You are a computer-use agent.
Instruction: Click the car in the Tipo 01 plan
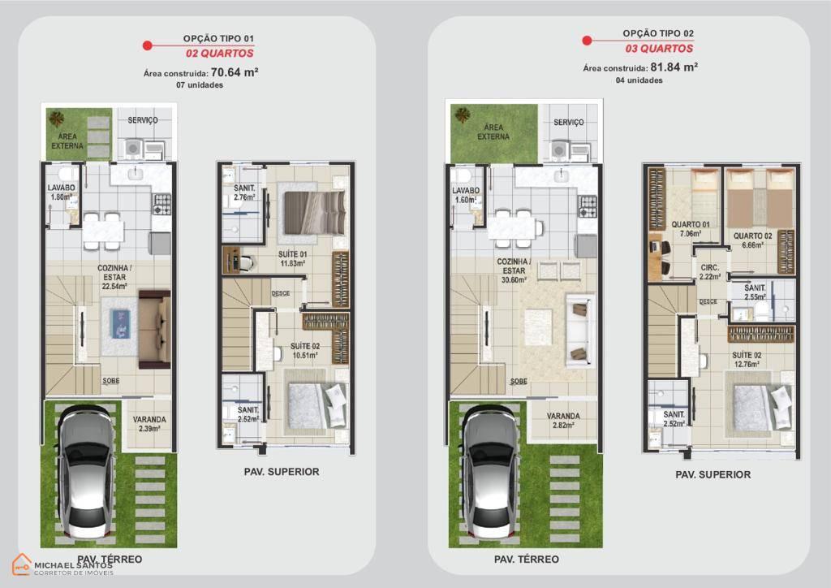(86, 469)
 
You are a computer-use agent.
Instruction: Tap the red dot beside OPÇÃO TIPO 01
(148, 45)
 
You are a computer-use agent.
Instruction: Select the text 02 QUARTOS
(219, 53)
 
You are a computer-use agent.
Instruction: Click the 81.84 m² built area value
(674, 67)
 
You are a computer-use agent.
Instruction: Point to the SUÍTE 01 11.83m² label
(292, 259)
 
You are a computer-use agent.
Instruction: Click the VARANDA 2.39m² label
(149, 424)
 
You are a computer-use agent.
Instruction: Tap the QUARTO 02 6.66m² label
(752, 240)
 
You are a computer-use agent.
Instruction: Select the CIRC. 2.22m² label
(709, 272)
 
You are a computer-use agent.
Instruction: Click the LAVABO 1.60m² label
(466, 195)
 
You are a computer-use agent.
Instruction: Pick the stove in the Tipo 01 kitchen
(162, 204)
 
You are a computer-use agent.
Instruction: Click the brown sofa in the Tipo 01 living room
(155, 329)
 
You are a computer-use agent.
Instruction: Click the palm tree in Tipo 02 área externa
(463, 115)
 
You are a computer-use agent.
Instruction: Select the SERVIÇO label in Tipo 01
(143, 120)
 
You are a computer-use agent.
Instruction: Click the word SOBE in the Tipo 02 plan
(519, 381)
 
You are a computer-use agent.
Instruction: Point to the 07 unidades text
(200, 84)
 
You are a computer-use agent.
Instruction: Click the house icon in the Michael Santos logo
(22, 564)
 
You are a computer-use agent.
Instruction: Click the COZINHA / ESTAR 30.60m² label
(514, 270)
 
